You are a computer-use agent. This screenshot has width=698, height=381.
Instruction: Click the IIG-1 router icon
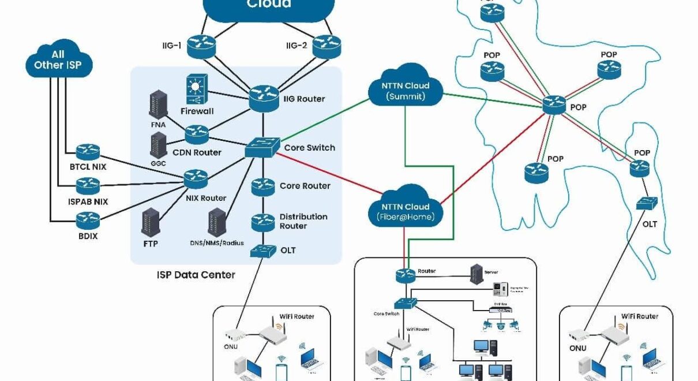click(201, 44)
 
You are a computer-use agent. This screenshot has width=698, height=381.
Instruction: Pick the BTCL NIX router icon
click(88, 152)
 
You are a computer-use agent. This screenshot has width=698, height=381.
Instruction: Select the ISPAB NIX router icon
click(88, 186)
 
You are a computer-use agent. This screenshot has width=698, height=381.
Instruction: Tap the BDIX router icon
click(88, 220)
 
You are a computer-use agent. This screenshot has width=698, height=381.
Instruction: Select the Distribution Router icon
click(263, 221)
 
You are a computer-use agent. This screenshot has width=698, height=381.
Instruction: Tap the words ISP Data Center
click(196, 275)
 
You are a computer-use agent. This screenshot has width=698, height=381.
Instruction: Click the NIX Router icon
click(196, 178)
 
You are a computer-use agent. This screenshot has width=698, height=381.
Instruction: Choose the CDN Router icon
click(197, 135)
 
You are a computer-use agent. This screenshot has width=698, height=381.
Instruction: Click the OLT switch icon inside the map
click(644, 204)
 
